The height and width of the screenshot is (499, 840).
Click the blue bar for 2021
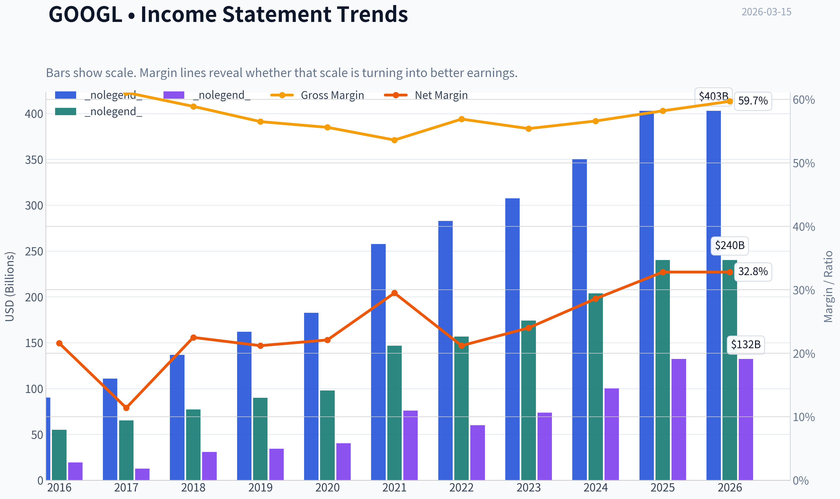tap(378, 362)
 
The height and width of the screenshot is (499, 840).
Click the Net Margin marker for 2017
tap(126, 408)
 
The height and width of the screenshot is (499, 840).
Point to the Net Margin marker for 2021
tap(395, 293)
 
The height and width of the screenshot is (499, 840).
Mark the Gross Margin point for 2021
tap(395, 140)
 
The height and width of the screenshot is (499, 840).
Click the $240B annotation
tap(730, 245)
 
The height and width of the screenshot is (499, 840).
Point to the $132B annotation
tap(746, 345)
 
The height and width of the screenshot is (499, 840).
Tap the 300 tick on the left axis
tap(34, 205)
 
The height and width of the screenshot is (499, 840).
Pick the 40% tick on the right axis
tap(804, 227)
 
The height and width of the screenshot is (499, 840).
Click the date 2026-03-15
tap(766, 12)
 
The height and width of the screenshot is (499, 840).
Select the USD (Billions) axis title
tap(10, 287)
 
